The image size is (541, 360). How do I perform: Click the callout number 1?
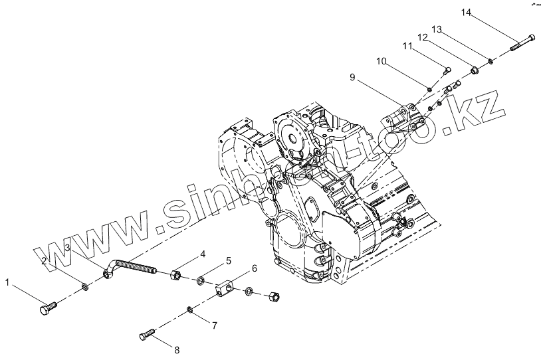8,283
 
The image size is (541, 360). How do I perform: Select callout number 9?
354,78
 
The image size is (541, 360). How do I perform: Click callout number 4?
203,254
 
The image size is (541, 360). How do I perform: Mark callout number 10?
381,61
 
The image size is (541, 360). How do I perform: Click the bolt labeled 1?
48,308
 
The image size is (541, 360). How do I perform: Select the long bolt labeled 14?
522,43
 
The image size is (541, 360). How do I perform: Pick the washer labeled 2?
84,287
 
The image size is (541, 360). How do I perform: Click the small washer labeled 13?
490,62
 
